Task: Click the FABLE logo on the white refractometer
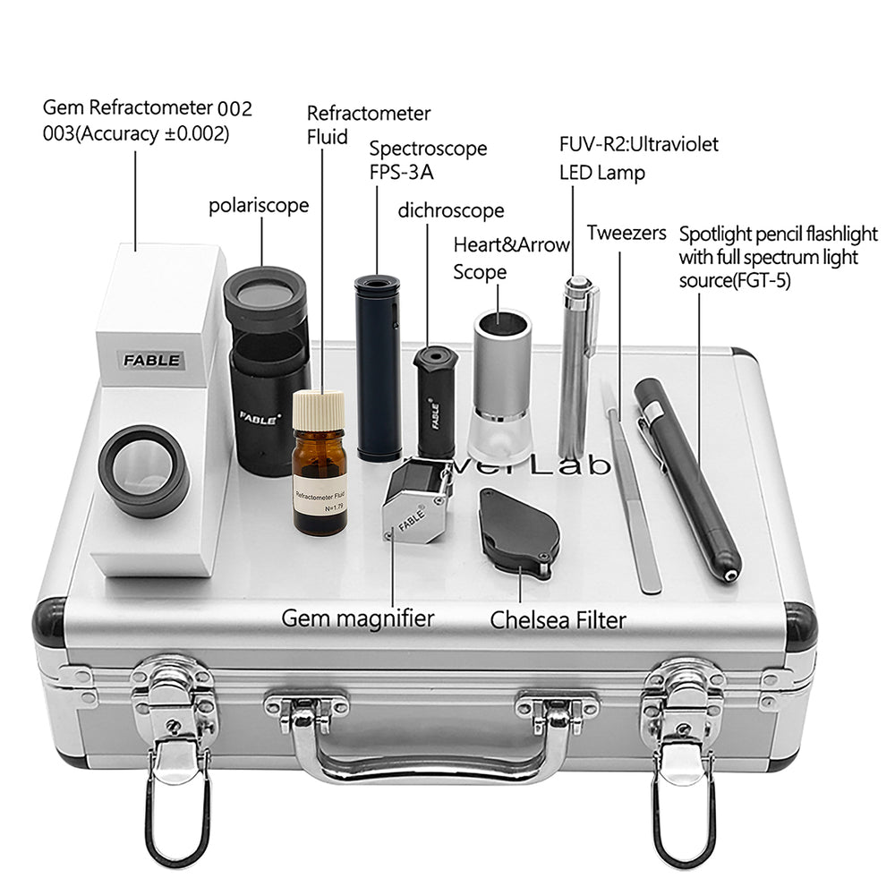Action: (x=152, y=361)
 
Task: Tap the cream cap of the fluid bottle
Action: (x=319, y=411)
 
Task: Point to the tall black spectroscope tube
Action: (x=378, y=367)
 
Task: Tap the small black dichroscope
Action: (x=436, y=400)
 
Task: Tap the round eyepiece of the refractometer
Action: (x=143, y=470)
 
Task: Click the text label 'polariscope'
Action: (x=259, y=205)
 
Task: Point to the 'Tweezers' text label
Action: (x=626, y=234)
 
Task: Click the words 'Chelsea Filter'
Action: (x=558, y=620)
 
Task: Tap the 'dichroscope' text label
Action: (x=451, y=211)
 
